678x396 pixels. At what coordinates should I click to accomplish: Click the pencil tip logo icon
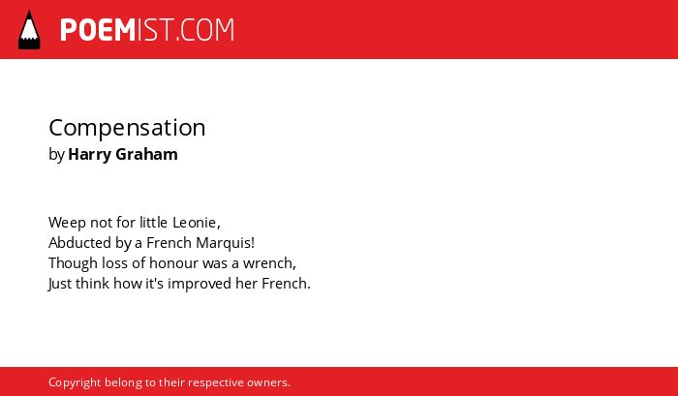pyautogui.click(x=29, y=30)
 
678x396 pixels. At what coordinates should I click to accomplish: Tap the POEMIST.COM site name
pyautogui.click(x=147, y=30)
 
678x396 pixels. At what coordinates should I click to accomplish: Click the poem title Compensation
pyautogui.click(x=127, y=129)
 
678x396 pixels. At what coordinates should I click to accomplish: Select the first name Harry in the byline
pyautogui.click(x=89, y=155)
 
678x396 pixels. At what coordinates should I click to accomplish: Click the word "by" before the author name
pyautogui.click(x=56, y=155)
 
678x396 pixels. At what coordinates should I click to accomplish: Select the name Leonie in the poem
pyautogui.click(x=195, y=223)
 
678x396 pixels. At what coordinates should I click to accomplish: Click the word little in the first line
pyautogui.click(x=153, y=223)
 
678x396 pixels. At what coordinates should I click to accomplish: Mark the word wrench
pyautogui.click(x=267, y=262)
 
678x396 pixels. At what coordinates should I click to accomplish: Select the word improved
pyautogui.click(x=200, y=284)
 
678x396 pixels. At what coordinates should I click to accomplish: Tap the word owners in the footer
pyautogui.click(x=266, y=383)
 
